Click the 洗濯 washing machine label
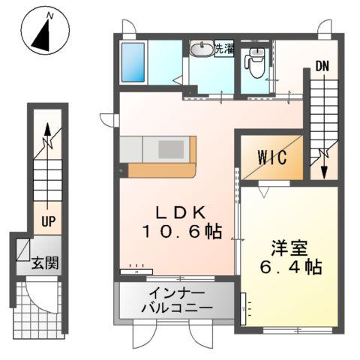tap(223, 49)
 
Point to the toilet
tap(256, 61)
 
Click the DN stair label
tap(322, 65)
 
